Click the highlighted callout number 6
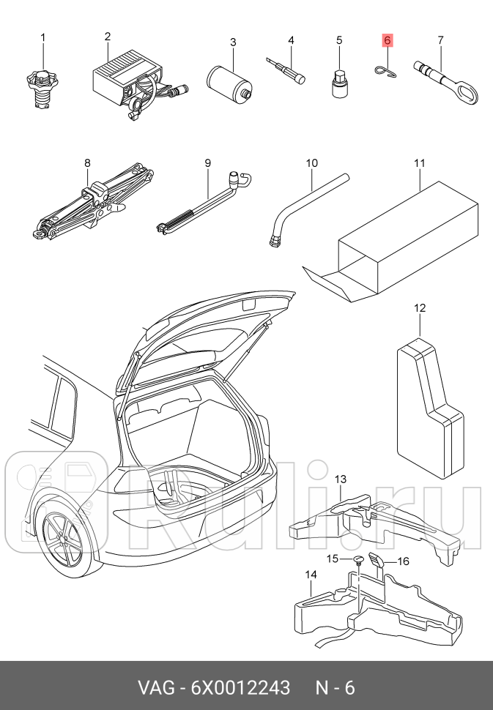point(387,41)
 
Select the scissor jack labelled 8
point(93,203)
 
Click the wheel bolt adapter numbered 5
point(339,83)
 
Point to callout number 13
point(341,479)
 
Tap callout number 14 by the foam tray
point(311,575)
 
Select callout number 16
point(403,561)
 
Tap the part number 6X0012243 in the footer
point(240,688)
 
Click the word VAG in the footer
point(156,688)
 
